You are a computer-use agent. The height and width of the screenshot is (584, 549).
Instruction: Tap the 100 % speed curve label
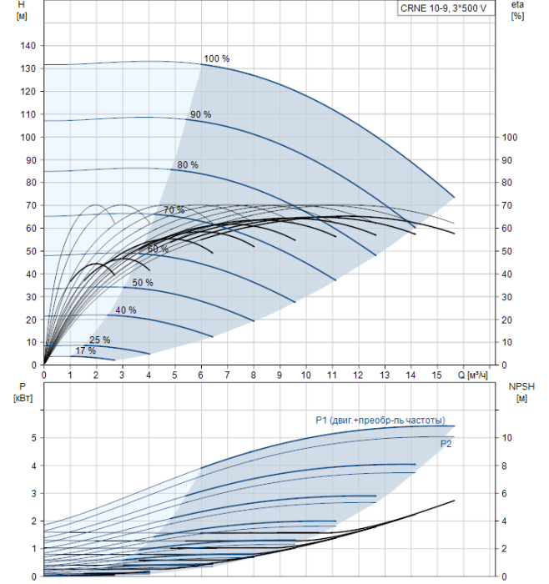(x=216, y=59)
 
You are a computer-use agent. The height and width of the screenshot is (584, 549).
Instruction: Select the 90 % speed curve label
(x=200, y=114)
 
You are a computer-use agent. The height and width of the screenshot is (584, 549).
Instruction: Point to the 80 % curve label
(x=188, y=165)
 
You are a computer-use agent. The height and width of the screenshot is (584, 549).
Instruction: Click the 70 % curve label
(x=174, y=209)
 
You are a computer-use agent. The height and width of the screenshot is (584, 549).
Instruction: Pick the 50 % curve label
(x=143, y=283)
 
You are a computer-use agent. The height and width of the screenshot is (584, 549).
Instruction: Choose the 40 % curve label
(x=126, y=310)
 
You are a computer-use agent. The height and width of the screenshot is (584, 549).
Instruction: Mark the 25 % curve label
(x=99, y=340)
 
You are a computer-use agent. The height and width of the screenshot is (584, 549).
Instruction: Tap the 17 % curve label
(x=85, y=351)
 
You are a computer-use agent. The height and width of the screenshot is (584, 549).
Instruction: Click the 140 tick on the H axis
(x=28, y=46)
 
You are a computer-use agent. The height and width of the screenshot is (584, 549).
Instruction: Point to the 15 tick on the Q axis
(x=436, y=376)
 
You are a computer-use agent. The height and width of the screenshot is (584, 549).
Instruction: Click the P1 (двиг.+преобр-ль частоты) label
(x=380, y=420)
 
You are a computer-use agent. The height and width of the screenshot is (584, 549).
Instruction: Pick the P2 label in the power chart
(x=446, y=445)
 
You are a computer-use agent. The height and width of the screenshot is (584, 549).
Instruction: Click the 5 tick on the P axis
(x=33, y=437)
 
